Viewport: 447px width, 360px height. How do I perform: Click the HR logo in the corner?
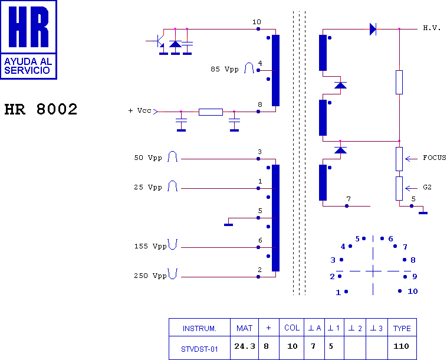[29, 40]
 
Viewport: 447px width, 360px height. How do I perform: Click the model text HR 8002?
[41, 110]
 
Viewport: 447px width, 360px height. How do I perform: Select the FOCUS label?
[434, 158]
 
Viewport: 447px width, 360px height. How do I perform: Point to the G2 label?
[428, 188]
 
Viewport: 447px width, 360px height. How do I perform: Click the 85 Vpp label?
[225, 69]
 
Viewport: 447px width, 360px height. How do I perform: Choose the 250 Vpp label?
[150, 276]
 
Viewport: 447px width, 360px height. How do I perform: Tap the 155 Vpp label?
[150, 246]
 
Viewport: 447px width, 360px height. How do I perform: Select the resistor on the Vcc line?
[211, 112]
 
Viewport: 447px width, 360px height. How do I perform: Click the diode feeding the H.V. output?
[373, 29]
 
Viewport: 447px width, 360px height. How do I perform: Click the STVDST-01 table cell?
[199, 348]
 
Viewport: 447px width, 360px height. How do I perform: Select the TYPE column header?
[402, 328]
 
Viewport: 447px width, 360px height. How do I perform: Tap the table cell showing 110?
[401, 346]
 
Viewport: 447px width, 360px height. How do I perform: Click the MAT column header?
[244, 328]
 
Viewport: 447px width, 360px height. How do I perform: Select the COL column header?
[292, 328]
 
